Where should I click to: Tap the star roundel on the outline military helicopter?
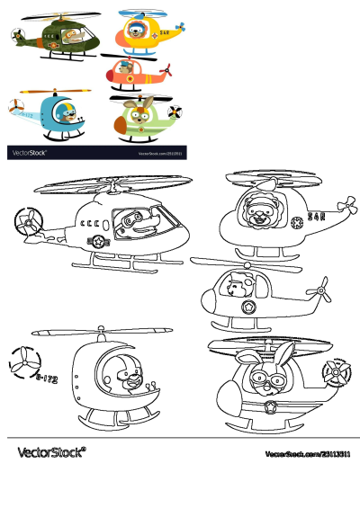point(96,241)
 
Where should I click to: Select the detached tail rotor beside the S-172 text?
point(23,362)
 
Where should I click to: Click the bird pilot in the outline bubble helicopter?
point(128,378)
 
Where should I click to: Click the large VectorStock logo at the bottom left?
point(51,451)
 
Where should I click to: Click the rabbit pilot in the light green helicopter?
point(136,115)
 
